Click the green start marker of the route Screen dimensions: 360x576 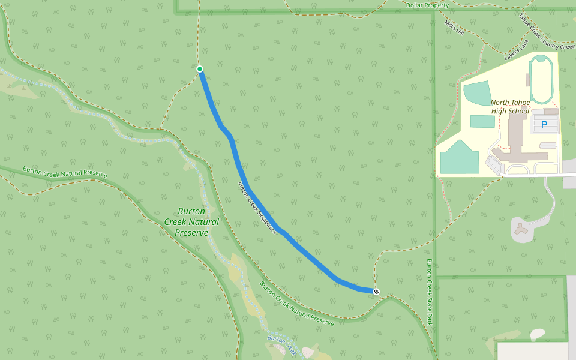tap(200, 69)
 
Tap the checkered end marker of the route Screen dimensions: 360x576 tap(376, 292)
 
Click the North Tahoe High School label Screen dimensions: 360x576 tap(510, 107)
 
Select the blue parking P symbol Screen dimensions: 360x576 tap(544, 125)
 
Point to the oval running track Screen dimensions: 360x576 tap(541, 79)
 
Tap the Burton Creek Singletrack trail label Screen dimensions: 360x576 tap(259, 207)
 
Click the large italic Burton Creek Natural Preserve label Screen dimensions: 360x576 tap(191, 222)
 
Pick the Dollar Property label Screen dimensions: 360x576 tap(427, 5)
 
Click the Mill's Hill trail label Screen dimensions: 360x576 tap(454, 27)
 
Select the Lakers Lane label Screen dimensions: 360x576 tap(517, 46)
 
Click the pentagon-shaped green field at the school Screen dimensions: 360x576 tap(460, 157)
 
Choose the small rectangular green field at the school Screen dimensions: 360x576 tap(483, 121)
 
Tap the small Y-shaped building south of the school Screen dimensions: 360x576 tap(521, 229)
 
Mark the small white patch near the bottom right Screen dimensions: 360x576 tap(537, 334)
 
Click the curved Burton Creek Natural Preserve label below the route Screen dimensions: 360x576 tap(296, 304)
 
